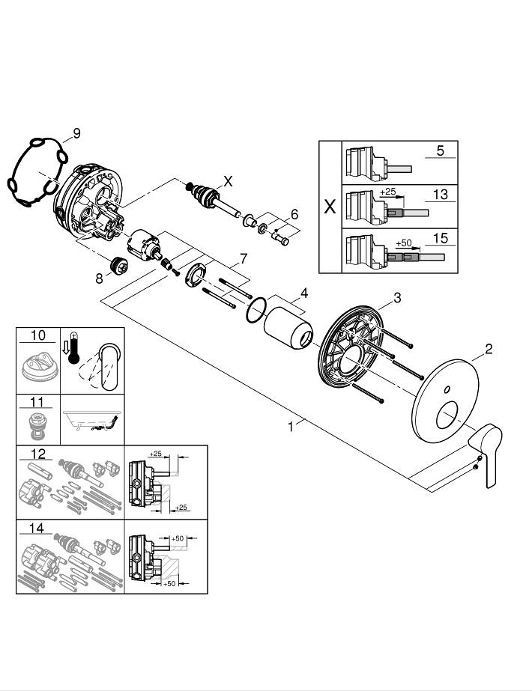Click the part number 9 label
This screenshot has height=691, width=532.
[x=76, y=134]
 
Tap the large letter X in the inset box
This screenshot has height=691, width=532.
[x=329, y=207]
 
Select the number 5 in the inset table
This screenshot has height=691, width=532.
[x=440, y=150]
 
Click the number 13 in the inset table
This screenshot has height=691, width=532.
[x=440, y=195]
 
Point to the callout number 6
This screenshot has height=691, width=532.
[x=295, y=214]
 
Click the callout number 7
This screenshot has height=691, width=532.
[x=242, y=260]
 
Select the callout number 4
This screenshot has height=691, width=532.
[x=304, y=292]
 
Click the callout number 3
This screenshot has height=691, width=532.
[x=397, y=297]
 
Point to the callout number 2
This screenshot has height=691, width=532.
[x=488, y=348]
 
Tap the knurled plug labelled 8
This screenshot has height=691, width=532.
[x=118, y=267]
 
